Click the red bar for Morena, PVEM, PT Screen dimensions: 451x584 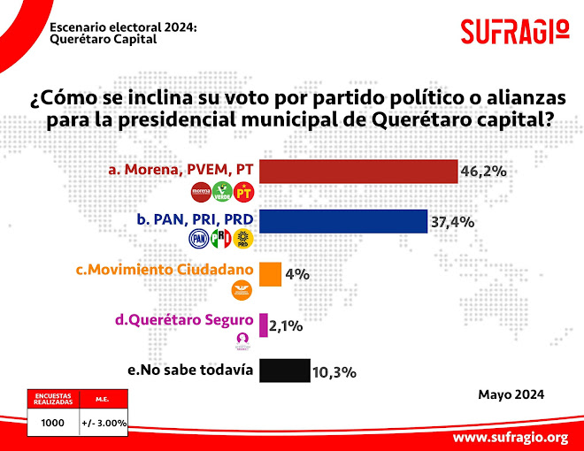click(x=357, y=171)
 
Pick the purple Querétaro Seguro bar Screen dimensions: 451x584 click(x=263, y=325)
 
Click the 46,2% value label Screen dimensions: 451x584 click(x=483, y=171)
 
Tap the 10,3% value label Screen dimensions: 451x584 click(x=334, y=372)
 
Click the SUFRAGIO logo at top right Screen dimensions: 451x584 click(x=514, y=32)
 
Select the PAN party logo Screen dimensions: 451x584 click(x=200, y=238)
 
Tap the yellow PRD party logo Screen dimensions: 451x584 click(x=243, y=238)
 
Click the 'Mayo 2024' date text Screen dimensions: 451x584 click(x=511, y=394)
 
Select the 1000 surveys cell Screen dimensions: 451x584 click(x=53, y=423)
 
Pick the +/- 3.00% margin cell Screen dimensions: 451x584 click(x=104, y=423)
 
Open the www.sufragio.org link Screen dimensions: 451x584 click(x=510, y=437)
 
